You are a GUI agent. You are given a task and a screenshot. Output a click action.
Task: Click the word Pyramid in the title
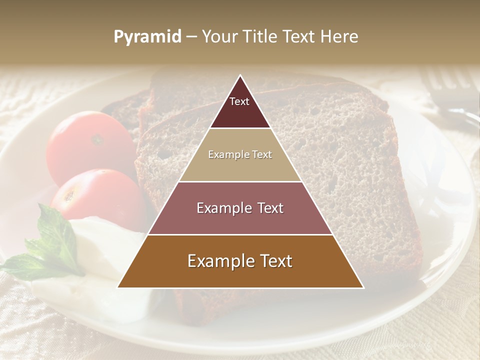click(x=147, y=37)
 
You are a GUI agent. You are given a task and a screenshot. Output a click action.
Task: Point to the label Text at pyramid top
click(x=239, y=101)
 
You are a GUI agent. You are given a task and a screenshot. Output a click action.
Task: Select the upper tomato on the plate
click(x=90, y=142)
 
